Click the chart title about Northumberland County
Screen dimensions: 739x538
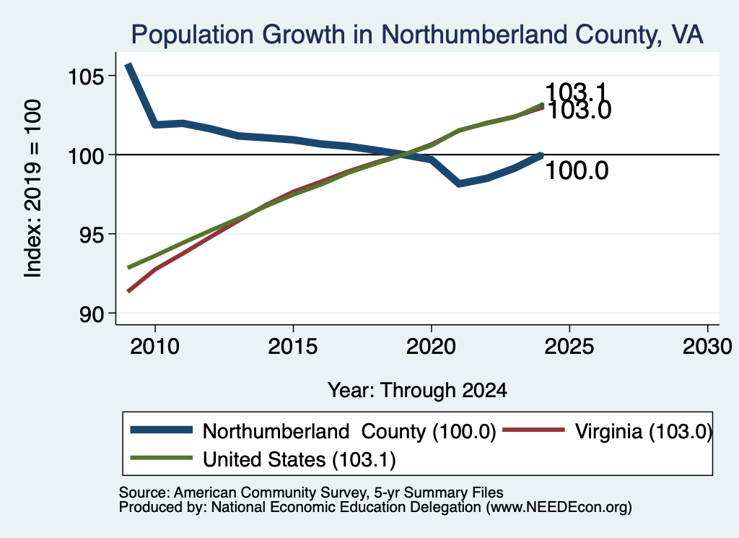(417, 35)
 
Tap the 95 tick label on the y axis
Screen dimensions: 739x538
(91, 235)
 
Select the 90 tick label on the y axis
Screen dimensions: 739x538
(91, 314)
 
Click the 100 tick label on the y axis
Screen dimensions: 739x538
(85, 155)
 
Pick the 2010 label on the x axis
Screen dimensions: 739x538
(155, 347)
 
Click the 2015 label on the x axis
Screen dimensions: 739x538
(293, 347)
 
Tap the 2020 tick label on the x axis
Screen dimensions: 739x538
(432, 347)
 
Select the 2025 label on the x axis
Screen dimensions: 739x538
(569, 347)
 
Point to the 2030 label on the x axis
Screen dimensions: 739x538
(707, 347)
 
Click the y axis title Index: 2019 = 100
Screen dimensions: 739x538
(33, 188)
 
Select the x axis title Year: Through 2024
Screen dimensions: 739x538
(417, 391)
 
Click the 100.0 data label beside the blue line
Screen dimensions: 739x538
(577, 170)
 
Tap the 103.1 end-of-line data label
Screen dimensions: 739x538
(576, 92)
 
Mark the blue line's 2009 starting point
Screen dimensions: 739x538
(128, 65)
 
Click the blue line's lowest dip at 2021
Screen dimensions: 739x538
(459, 183)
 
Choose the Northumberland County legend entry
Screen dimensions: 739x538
(313, 431)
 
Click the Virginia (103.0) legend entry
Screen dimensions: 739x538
(607, 431)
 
